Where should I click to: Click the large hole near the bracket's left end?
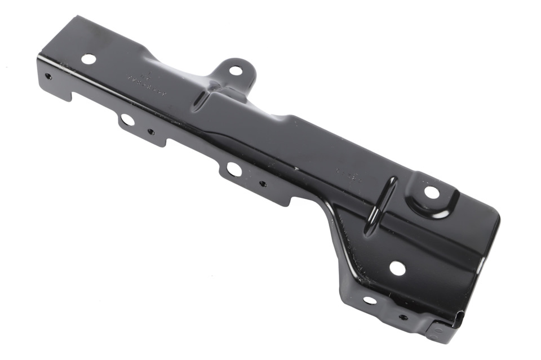coord(88,58)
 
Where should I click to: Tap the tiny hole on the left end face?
coord(48,76)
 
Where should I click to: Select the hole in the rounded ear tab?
coord(236,70)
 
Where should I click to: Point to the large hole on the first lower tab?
coord(127,119)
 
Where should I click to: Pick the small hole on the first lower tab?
coord(150,132)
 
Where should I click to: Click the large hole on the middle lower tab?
coord(233,168)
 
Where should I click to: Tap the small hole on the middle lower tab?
coord(262,183)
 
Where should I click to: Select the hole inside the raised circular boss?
coord(432,193)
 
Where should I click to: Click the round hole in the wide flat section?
coord(397,268)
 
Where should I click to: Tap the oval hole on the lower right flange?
coord(370,300)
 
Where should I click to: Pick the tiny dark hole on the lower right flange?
coord(403,317)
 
